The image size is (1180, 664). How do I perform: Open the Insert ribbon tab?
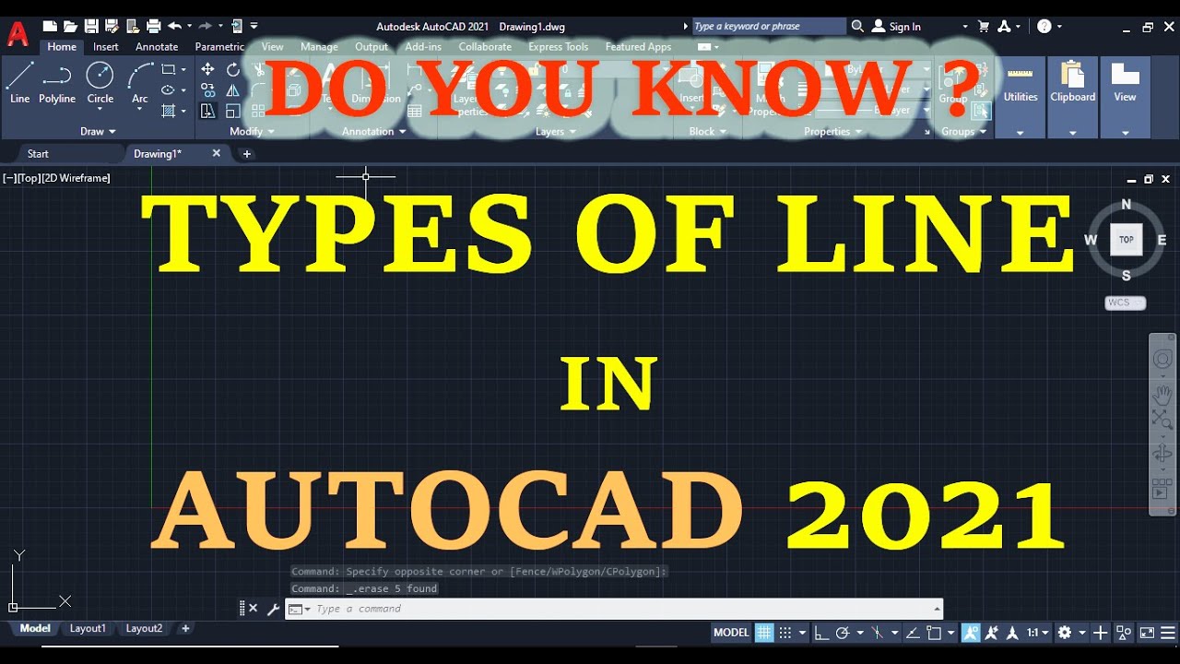tap(106, 47)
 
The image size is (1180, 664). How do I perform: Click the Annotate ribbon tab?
tap(157, 47)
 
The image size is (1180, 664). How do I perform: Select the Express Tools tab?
tap(558, 47)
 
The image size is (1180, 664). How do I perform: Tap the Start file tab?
tap(38, 154)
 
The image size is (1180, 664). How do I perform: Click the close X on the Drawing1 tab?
tap(217, 153)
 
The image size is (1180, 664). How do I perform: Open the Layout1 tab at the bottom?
tap(88, 628)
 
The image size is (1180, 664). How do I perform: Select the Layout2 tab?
tap(144, 628)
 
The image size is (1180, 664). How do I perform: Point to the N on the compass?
tap(1126, 205)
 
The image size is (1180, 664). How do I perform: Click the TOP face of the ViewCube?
tap(1126, 240)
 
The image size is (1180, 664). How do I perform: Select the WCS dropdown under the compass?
tap(1125, 302)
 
